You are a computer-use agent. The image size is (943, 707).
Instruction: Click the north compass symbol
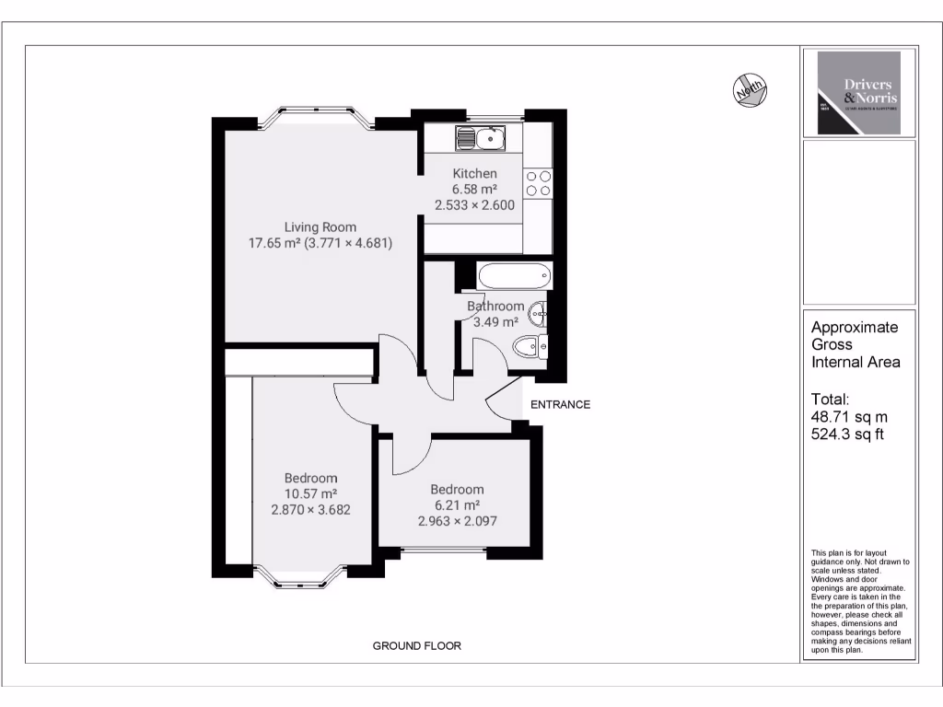(751, 89)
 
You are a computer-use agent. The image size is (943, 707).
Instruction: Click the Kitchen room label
(474, 173)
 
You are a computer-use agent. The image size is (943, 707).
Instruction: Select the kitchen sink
(480, 139)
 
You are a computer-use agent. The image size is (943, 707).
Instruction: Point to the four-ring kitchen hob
(538, 183)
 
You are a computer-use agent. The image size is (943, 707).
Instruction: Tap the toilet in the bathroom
(530, 348)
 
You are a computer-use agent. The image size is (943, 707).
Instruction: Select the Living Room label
(320, 227)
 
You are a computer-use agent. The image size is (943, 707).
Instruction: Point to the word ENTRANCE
(560, 404)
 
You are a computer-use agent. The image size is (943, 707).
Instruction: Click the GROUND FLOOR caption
(416, 645)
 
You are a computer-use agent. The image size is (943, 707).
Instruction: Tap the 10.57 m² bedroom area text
(310, 493)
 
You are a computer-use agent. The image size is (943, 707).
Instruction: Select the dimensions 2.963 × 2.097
(457, 520)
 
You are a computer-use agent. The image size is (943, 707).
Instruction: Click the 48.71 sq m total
(842, 416)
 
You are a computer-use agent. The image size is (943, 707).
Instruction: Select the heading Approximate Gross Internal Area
(855, 344)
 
